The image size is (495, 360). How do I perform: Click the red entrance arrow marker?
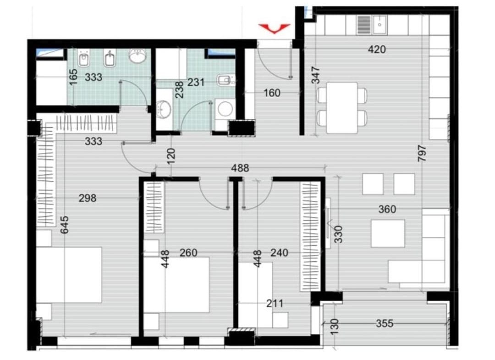[275, 28]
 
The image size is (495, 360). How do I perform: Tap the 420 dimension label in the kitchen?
[377, 49]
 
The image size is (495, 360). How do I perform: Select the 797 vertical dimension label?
[422, 154]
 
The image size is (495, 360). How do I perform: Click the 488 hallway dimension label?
[240, 168]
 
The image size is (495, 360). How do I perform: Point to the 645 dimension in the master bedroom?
[64, 225]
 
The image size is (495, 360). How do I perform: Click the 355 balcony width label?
[385, 323]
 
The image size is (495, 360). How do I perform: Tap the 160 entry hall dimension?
[272, 93]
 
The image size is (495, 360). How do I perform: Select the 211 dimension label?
[275, 304]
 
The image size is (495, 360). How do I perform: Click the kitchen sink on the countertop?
[380, 25]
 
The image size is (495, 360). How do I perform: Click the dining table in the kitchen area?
[342, 108]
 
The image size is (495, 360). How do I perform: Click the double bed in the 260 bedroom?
[177, 285]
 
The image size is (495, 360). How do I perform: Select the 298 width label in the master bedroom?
[88, 198]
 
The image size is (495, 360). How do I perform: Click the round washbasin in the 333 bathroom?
[137, 56]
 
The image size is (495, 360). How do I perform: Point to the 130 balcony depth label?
[335, 327]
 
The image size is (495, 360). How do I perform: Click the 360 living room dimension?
[387, 209]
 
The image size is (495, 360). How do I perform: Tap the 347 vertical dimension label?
[316, 75]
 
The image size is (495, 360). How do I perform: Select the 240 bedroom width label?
[280, 253]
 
